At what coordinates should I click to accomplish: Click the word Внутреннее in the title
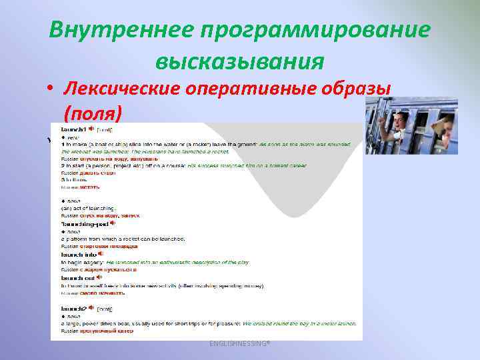click(116, 31)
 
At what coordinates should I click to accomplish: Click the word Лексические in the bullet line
click(127, 89)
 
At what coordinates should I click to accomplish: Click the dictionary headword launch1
click(73, 129)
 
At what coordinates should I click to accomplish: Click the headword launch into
click(78, 254)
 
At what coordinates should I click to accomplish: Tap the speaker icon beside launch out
click(99, 277)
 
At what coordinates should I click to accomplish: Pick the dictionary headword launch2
click(73, 309)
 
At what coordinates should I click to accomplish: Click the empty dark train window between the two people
click(421, 120)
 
